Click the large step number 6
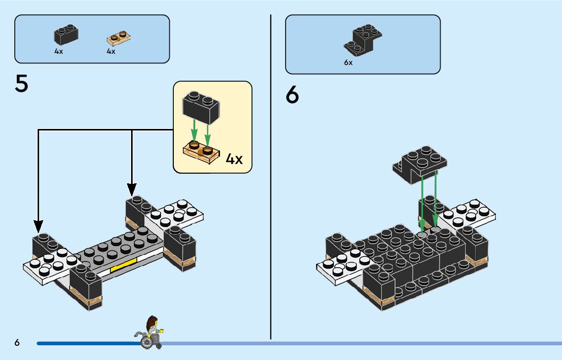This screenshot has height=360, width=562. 292,94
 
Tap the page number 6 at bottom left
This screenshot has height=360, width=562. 17,343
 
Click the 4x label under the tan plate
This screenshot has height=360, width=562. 111,52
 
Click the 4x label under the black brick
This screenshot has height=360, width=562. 59,52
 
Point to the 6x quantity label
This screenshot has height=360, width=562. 348,63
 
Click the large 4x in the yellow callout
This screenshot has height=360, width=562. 234,159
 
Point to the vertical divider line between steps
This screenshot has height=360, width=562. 271,178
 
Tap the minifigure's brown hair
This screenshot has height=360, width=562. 151,322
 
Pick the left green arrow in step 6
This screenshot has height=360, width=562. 422,203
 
